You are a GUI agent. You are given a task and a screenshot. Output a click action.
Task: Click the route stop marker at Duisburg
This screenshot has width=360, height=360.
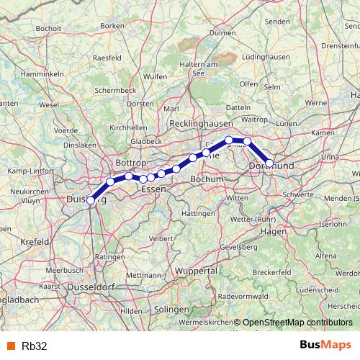[91, 201]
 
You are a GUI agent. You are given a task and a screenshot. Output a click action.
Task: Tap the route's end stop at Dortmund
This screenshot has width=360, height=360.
[269, 163]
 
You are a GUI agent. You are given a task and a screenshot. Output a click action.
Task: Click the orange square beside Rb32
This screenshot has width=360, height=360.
[10, 346]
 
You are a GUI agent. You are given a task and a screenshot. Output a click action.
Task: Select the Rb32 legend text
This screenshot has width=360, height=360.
[35, 346]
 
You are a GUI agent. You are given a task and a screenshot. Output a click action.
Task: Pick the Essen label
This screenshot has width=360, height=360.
[153, 189]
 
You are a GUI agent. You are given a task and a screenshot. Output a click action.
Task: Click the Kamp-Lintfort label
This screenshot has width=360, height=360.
[27, 172]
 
